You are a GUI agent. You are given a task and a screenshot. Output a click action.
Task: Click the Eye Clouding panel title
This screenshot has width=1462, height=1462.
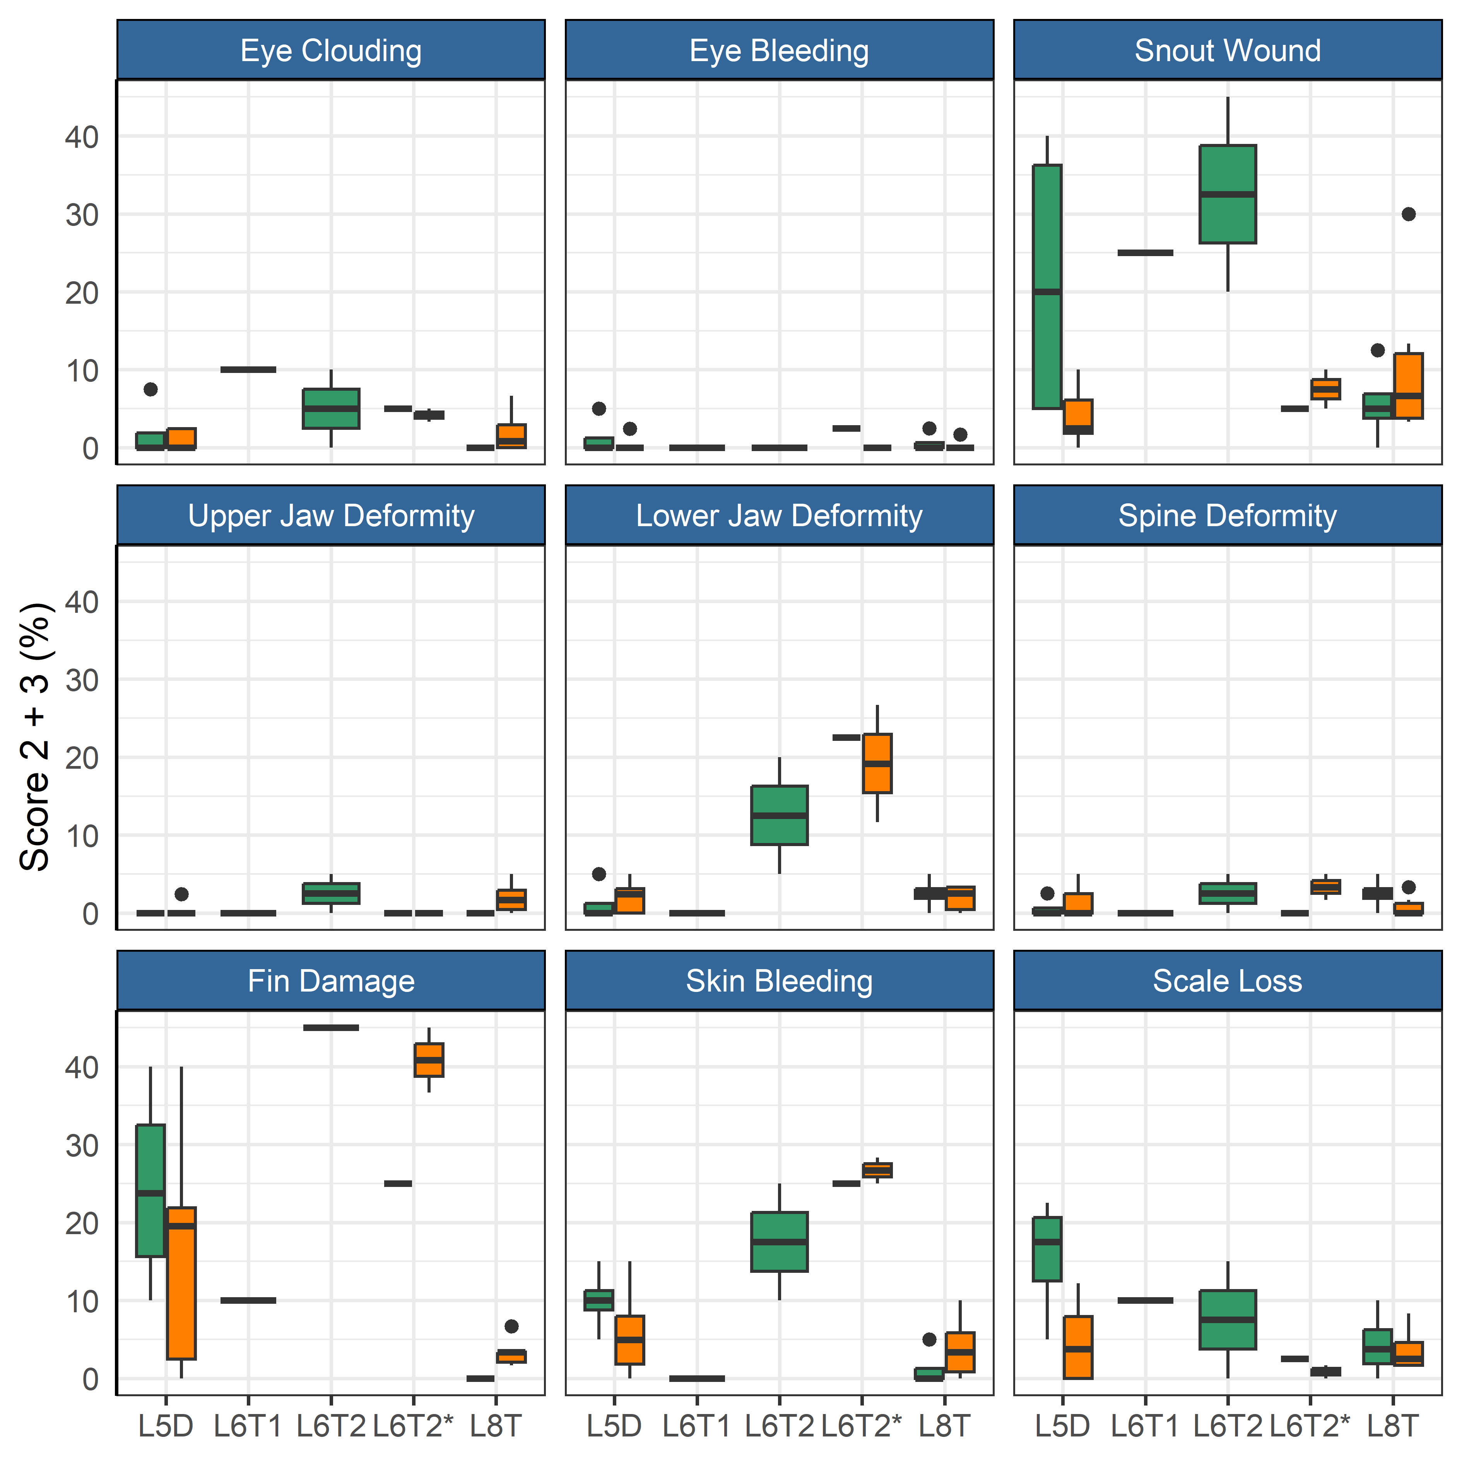[331, 51]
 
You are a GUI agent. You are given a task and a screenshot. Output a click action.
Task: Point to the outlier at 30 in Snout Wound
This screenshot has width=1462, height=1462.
[1408, 214]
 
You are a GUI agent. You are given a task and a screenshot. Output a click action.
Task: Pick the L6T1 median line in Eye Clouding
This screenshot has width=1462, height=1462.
[248, 369]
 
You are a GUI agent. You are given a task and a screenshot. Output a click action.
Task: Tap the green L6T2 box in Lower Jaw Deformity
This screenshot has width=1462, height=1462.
[780, 815]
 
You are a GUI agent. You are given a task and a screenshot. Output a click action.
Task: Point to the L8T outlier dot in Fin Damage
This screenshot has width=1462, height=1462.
[511, 1326]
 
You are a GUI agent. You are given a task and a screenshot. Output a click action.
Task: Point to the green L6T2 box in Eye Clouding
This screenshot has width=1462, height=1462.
[331, 409]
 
